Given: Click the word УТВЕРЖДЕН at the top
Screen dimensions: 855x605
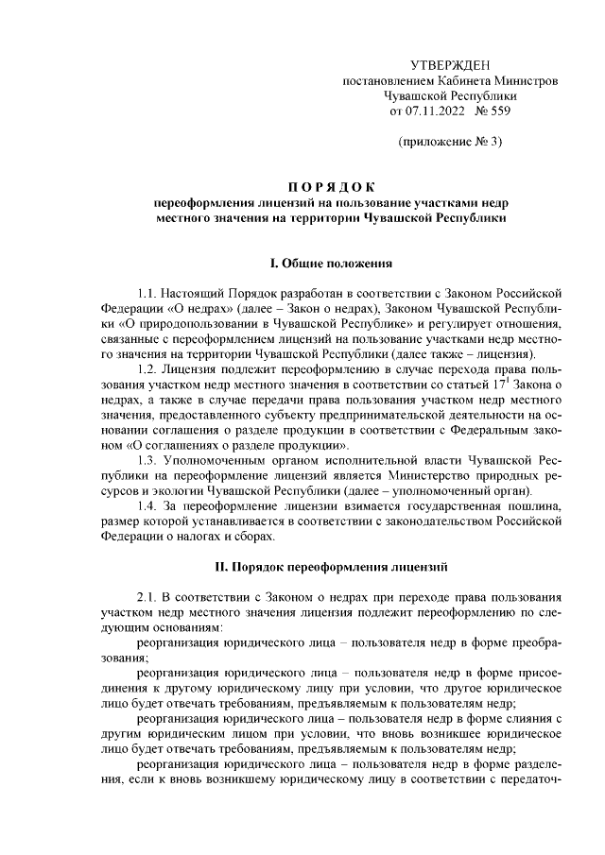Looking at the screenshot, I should [451, 65].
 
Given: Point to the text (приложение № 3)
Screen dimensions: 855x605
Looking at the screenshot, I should [450, 143].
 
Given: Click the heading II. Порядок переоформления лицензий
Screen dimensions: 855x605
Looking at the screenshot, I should [330, 567].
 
